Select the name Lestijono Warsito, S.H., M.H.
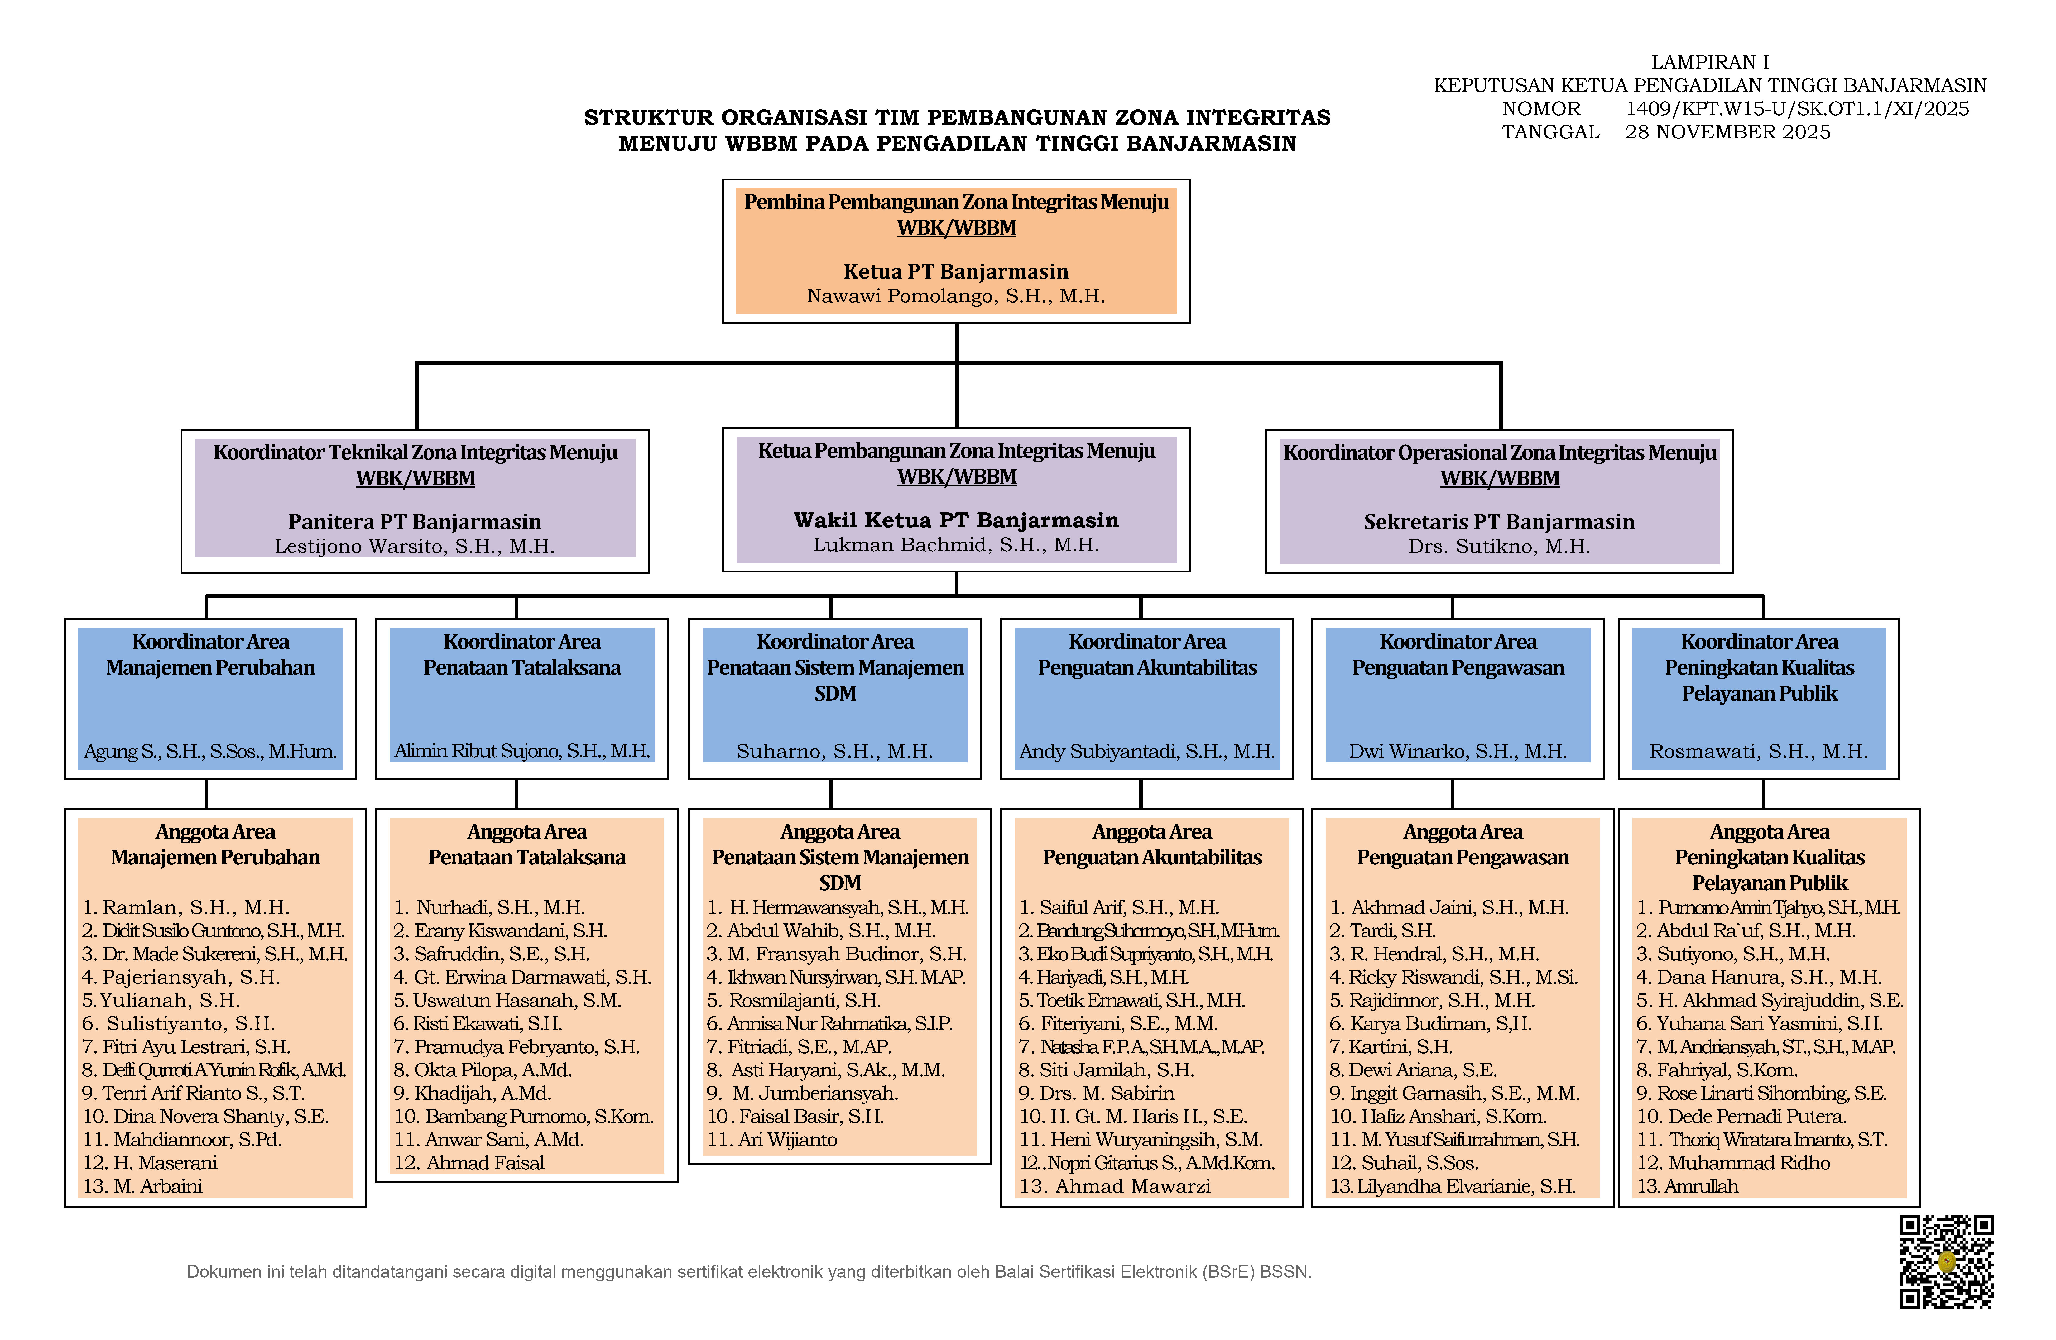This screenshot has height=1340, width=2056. pyautogui.click(x=415, y=546)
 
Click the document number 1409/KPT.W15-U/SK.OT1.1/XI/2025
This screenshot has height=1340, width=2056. pyautogui.click(x=1797, y=109)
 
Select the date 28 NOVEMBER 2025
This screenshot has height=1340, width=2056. pyautogui.click(x=1728, y=132)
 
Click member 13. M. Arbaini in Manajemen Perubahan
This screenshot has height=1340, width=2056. pyautogui.click(x=142, y=1186)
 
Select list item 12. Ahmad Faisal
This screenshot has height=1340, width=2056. pyautogui.click(x=469, y=1163)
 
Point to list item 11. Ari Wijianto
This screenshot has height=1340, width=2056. pyautogui.click(x=772, y=1140)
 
